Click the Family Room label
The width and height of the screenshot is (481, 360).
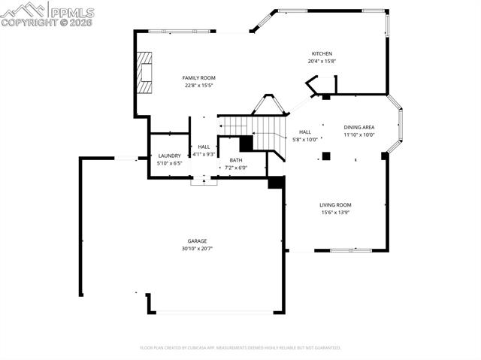point(199,77)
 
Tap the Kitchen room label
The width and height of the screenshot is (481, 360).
point(322,53)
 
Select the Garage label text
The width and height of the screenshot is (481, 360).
point(198,241)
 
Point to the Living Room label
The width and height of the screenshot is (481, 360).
point(335,204)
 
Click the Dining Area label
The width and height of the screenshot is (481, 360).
point(359,128)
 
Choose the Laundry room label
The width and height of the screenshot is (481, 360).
point(169,156)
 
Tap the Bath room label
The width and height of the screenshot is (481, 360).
point(236,160)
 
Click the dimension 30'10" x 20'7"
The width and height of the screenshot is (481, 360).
point(198,249)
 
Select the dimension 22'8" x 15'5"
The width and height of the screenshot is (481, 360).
point(199,85)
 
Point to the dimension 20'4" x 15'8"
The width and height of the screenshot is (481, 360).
point(322,61)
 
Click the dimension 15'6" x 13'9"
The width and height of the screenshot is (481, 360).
point(335,212)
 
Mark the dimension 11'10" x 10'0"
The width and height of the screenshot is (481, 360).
point(359,135)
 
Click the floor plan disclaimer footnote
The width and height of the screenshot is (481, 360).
point(240,348)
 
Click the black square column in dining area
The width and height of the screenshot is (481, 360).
point(326,156)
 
